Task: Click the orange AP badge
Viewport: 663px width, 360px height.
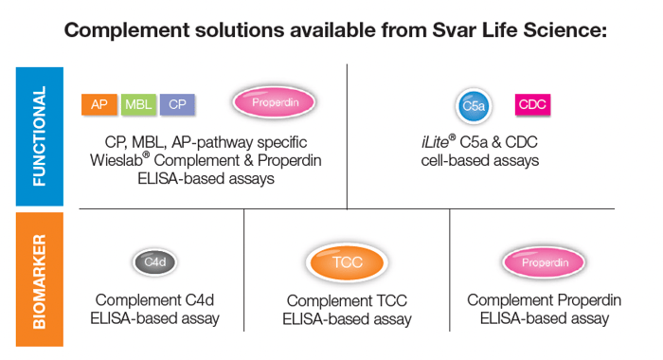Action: [99, 105]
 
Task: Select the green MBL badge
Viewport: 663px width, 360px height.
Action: [138, 105]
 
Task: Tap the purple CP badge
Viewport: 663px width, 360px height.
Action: [178, 105]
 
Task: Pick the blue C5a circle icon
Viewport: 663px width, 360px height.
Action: [474, 106]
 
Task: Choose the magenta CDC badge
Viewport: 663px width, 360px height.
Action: [532, 105]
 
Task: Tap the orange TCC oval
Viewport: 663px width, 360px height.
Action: [347, 262]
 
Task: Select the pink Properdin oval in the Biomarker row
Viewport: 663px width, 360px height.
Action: [544, 262]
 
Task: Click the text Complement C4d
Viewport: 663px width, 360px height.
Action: [154, 300]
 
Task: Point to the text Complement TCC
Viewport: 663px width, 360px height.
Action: [347, 301]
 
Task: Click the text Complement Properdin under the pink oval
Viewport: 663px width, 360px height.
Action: [544, 300]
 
